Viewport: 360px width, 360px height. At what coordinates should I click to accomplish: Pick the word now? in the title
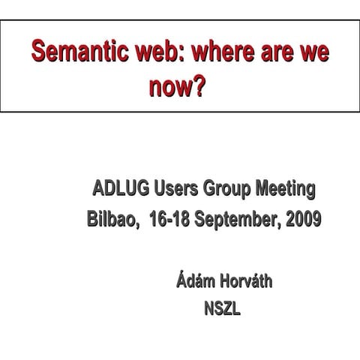(x=177, y=89)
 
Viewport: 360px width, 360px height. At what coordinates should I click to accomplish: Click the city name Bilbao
(x=112, y=220)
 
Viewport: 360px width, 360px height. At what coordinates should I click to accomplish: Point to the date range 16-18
(x=171, y=220)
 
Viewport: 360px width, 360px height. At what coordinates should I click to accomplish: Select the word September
(x=239, y=220)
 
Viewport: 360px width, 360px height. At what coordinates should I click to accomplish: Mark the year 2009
(x=304, y=220)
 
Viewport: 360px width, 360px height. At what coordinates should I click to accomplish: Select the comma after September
(x=283, y=225)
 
